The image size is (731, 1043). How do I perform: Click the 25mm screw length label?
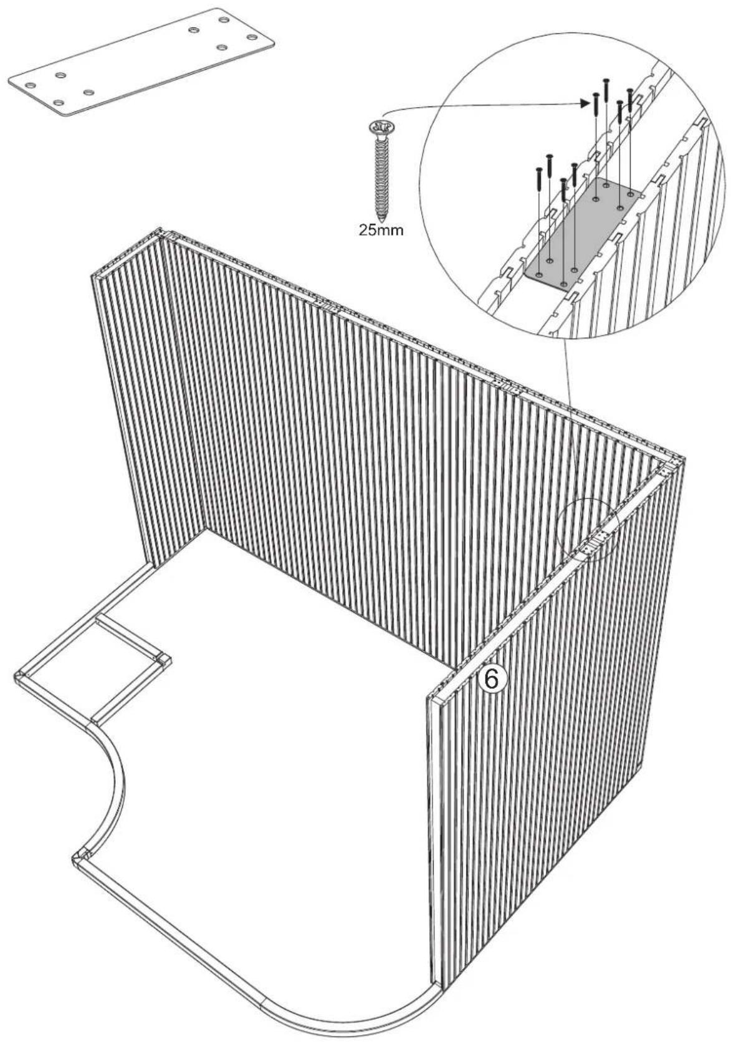click(x=381, y=230)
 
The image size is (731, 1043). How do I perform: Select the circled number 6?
click(x=491, y=679)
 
